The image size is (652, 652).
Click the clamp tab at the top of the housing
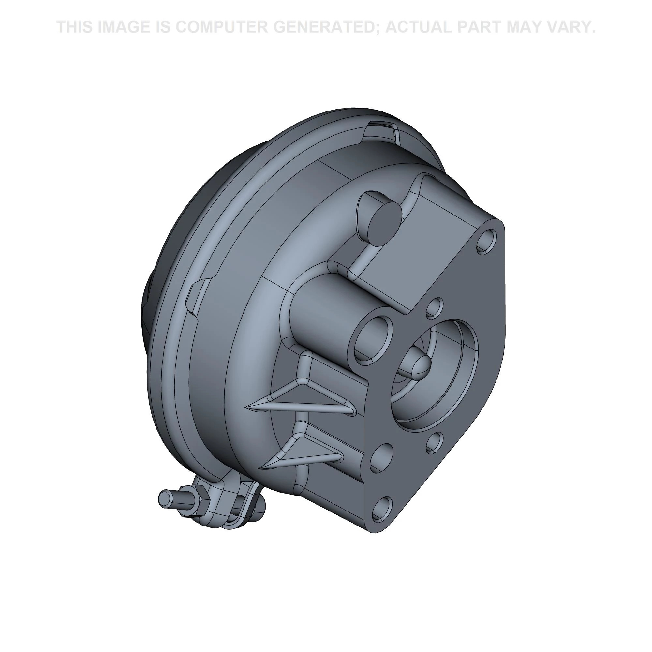pos(381,130)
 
